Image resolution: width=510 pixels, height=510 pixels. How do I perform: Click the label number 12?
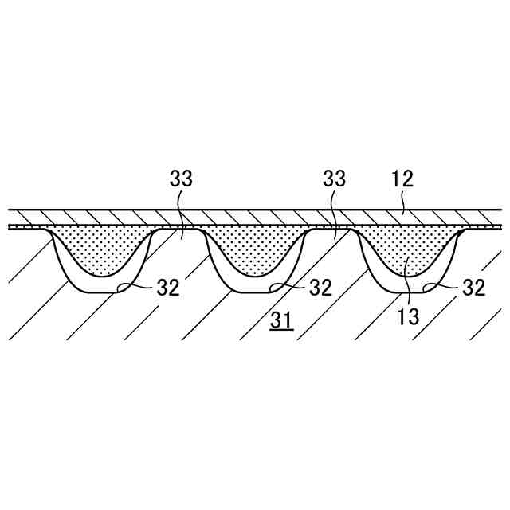pos(402,178)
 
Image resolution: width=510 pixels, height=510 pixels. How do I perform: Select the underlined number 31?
pos(280,321)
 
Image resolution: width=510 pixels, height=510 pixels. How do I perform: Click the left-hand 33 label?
pos(181,178)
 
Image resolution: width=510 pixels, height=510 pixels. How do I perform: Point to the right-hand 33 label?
pos(334,178)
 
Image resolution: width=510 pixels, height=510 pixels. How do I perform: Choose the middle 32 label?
pos(320,288)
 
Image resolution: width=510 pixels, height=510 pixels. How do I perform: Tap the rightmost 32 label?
pos(473,288)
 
